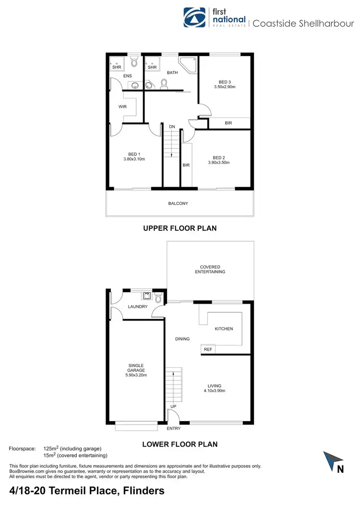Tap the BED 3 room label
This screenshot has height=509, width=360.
tap(224, 82)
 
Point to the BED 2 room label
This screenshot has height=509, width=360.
tap(219, 157)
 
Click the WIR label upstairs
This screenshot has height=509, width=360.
tap(122, 107)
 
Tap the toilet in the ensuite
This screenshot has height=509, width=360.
tap(134, 62)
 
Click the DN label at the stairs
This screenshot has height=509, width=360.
tap(171, 127)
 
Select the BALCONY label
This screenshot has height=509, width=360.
tap(178, 203)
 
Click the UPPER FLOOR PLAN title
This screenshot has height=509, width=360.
tap(180, 228)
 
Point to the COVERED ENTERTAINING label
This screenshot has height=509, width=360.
tap(210, 269)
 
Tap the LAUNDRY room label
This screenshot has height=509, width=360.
tap(138, 307)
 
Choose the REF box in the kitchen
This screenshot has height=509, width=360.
tap(208, 350)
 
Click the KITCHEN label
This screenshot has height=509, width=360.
tap(224, 329)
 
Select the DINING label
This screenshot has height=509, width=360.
tap(182, 339)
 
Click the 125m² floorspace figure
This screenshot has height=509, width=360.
tap(51, 449)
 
